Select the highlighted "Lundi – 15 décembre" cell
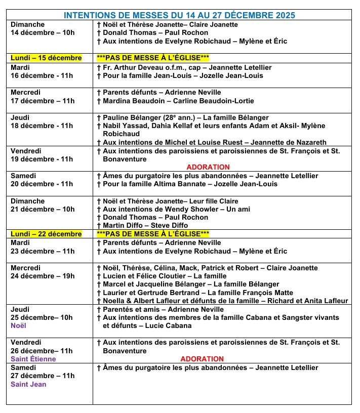(46, 58)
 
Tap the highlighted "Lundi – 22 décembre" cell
(46, 234)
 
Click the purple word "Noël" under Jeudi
(18, 326)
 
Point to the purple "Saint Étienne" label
(33, 359)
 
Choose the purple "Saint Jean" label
(28, 384)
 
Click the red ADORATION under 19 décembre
(208, 167)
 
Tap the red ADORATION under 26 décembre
(202, 359)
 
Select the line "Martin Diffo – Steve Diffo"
(142, 225)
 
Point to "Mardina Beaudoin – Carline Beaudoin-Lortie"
(175, 101)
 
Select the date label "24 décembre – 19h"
(43, 276)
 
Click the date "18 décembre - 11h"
(42, 126)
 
